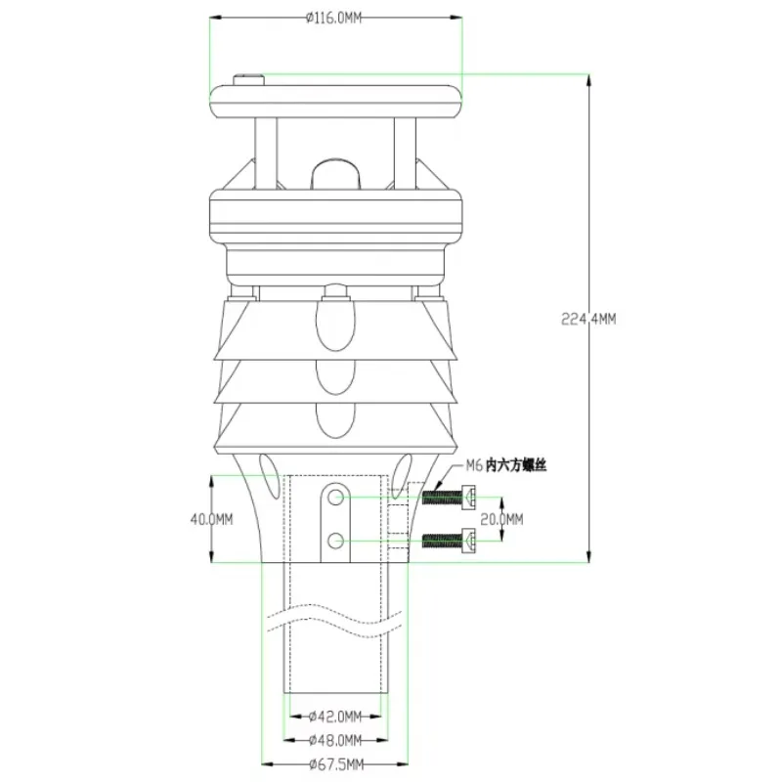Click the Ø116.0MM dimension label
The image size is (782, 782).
click(x=333, y=19)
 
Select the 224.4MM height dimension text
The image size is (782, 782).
click(x=588, y=320)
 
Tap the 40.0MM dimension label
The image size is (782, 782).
click(x=211, y=520)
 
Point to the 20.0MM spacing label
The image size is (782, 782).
click(x=501, y=520)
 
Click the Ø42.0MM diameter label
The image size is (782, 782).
click(x=335, y=717)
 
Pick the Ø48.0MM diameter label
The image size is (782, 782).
click(x=335, y=741)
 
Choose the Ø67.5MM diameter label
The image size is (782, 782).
click(x=336, y=764)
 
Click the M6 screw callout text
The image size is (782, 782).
click(x=506, y=465)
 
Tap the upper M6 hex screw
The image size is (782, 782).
click(x=449, y=498)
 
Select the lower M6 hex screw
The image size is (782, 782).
click(x=449, y=541)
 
